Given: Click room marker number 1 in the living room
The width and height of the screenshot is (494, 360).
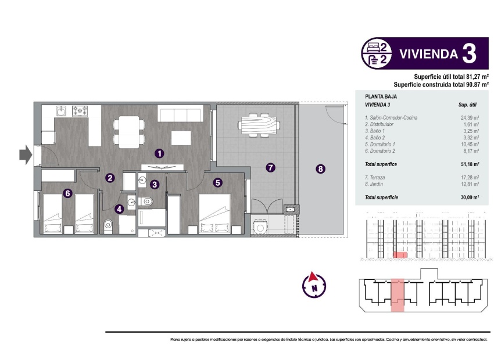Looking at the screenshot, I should pyautogui.click(x=159, y=154).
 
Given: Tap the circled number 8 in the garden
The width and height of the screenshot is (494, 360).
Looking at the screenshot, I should pyautogui.click(x=320, y=170).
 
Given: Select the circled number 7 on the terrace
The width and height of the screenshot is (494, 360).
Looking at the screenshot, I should pyautogui.click(x=270, y=168).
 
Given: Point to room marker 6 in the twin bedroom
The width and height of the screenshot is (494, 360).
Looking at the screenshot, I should pyautogui.click(x=68, y=194).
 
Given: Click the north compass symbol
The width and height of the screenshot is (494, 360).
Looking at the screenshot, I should pyautogui.click(x=314, y=284).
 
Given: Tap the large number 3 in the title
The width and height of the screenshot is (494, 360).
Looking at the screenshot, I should pyautogui.click(x=468, y=53).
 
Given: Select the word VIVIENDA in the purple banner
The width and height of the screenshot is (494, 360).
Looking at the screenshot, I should pyautogui.click(x=427, y=55).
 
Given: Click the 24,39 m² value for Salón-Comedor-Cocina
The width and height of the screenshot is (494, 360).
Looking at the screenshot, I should pyautogui.click(x=468, y=118).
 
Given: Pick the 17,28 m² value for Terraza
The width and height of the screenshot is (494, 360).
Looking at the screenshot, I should pyautogui.click(x=468, y=177).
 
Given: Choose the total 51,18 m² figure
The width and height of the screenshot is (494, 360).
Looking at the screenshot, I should pyautogui.click(x=468, y=164).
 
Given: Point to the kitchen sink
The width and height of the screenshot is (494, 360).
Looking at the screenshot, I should pyautogui.click(x=61, y=110).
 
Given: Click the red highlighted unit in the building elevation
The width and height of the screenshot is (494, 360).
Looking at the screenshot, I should pyautogui.click(x=399, y=254).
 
